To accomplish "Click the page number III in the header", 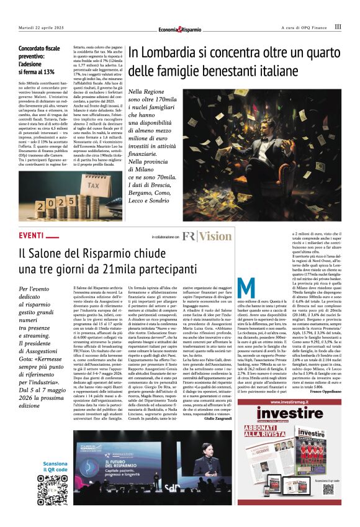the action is [338, 27].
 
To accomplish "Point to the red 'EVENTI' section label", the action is [31, 236].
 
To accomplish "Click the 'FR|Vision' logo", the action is [207, 236].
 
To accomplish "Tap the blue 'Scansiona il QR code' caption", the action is [52, 466].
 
